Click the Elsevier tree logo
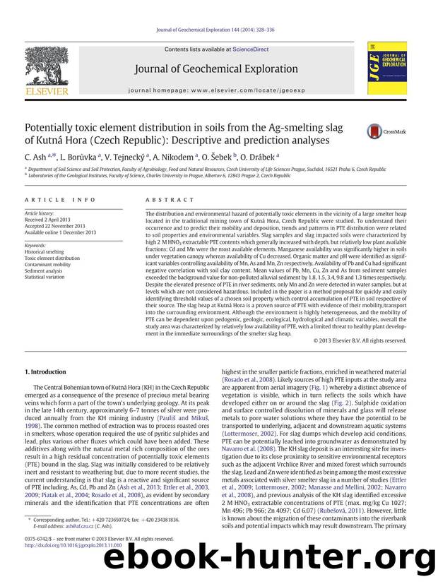coord(50,68)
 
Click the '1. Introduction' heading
coord(46,372)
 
